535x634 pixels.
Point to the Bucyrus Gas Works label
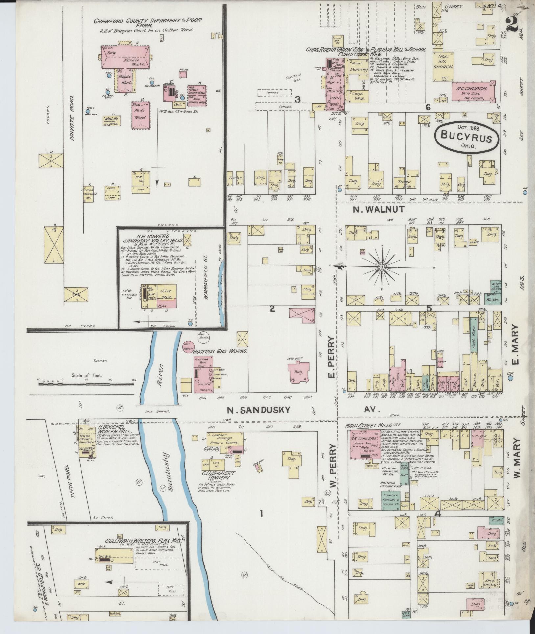pyautogui.click(x=220, y=351)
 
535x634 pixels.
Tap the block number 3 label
pyautogui.click(x=297, y=99)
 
